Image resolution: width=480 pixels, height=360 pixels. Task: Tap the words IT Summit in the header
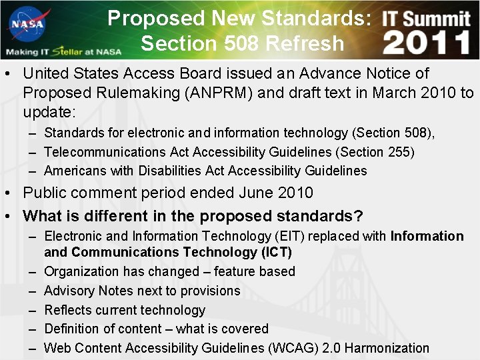tap(427, 18)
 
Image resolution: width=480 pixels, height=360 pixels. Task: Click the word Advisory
tap(69, 291)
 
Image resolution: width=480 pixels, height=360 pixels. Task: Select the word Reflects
tap(69, 310)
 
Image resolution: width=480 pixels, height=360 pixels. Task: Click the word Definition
tap(71, 329)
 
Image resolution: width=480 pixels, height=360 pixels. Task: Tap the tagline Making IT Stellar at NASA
tap(63, 51)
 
